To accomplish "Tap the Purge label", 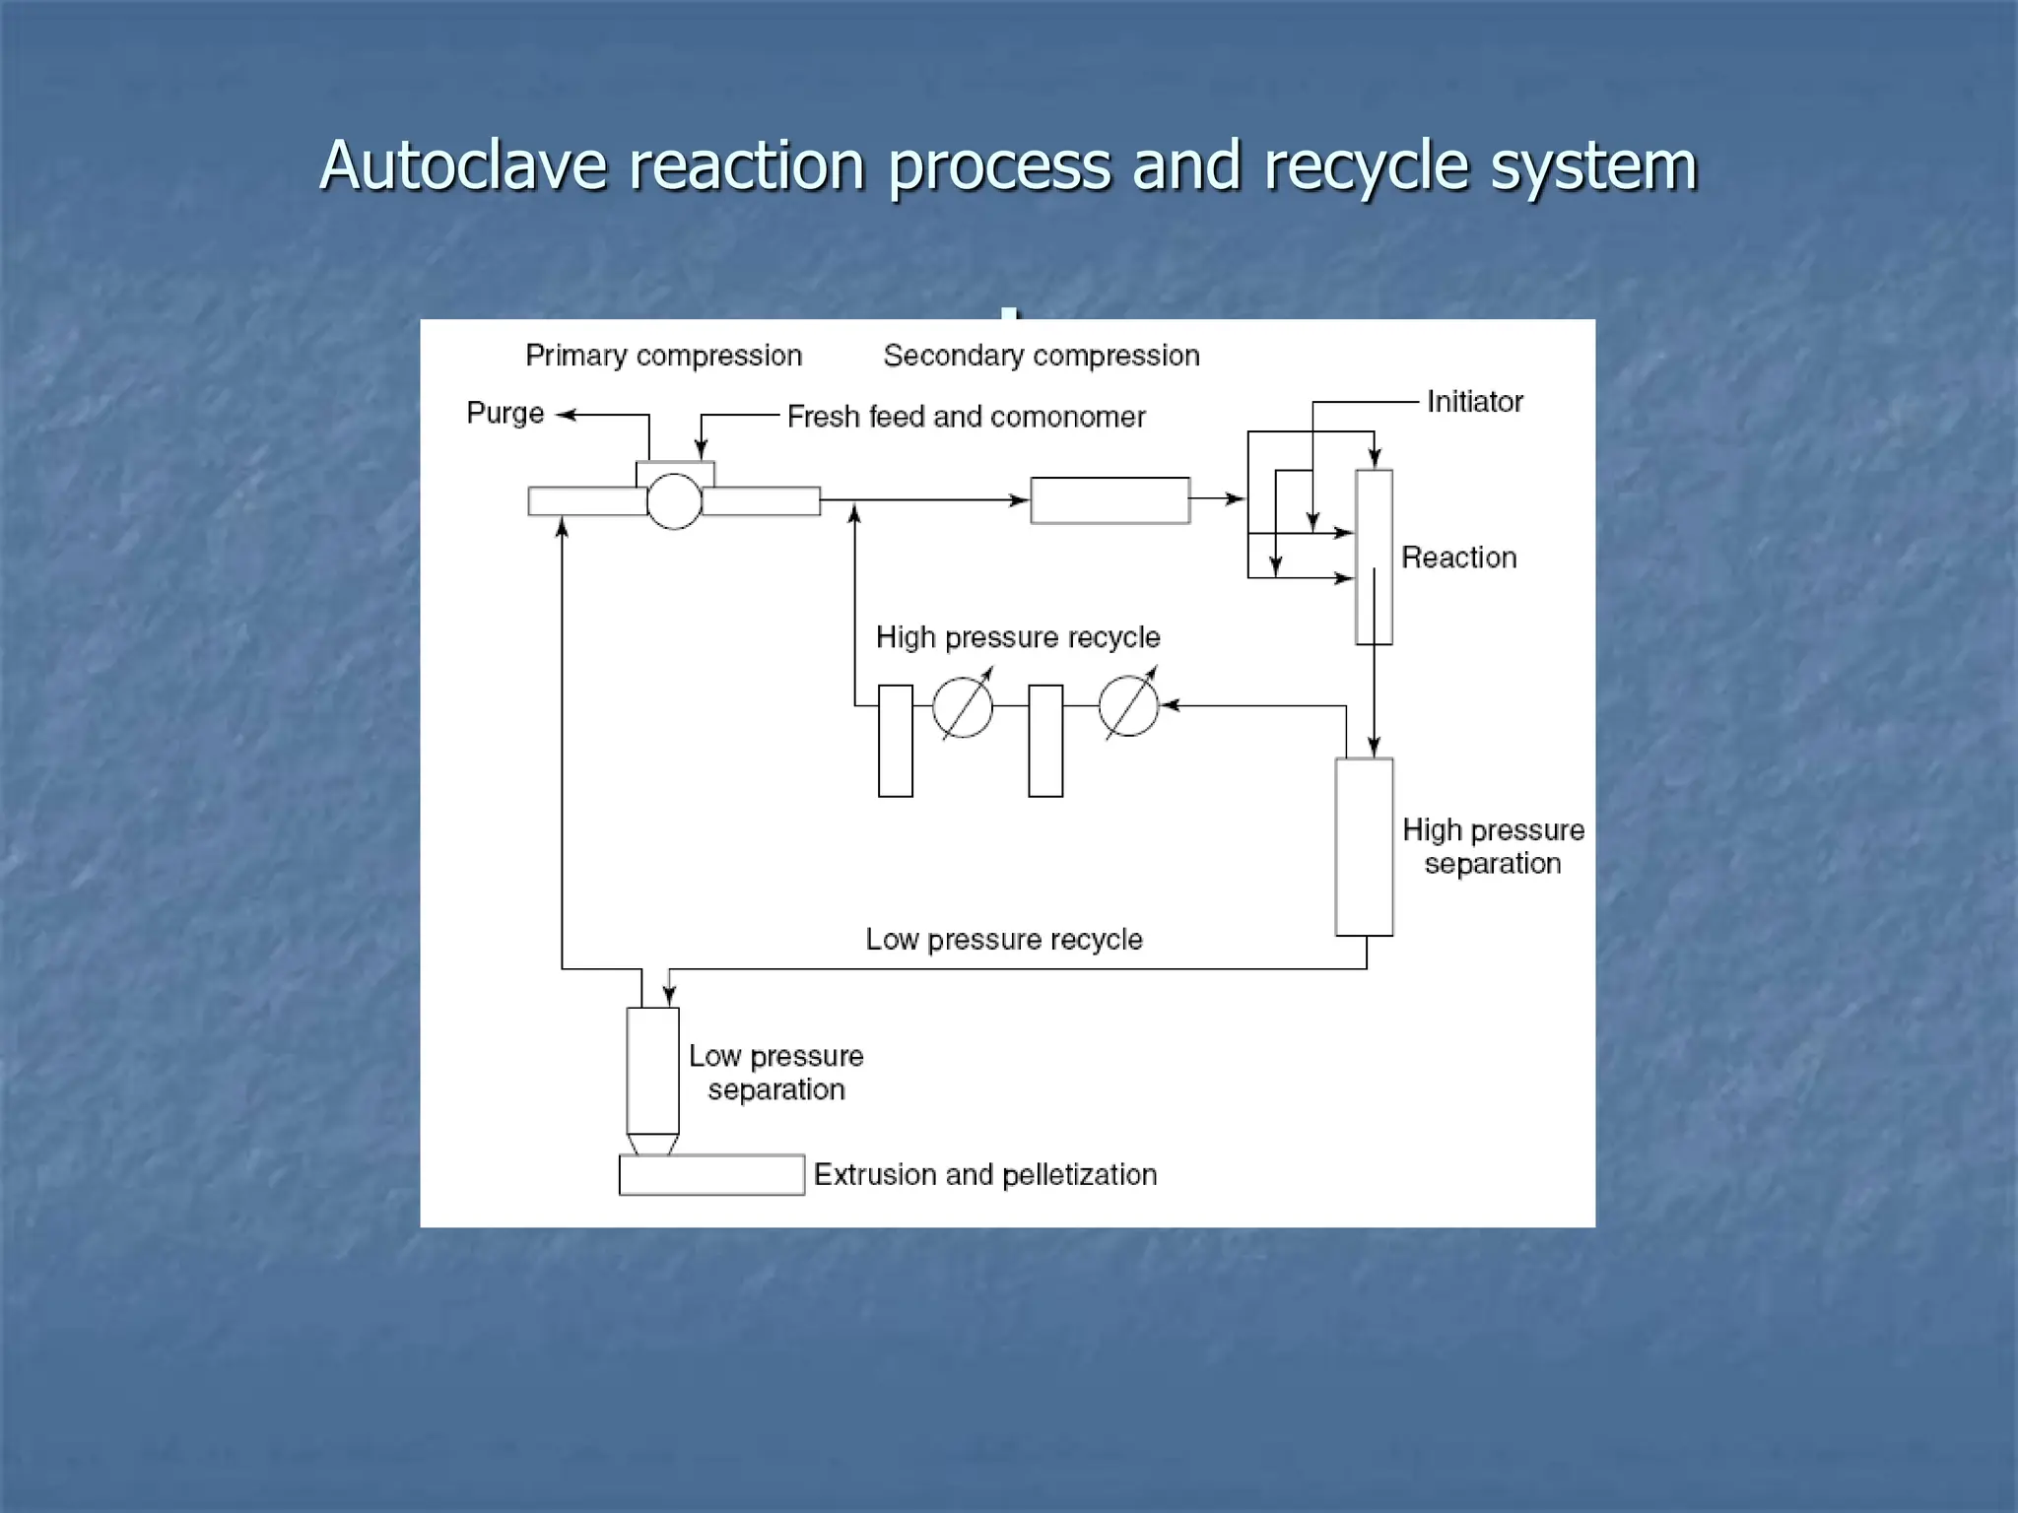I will click(x=504, y=413).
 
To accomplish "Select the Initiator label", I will click(x=1474, y=402).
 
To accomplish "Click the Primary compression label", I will click(x=663, y=356).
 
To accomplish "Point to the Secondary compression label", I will click(x=1041, y=356).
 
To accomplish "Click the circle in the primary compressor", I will click(x=674, y=501).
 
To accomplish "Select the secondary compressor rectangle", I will click(x=1110, y=500).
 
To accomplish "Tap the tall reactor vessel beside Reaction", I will click(x=1374, y=557).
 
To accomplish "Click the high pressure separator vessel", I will click(x=1364, y=847).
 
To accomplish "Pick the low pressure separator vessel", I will click(x=652, y=1071).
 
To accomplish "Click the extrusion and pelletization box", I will click(x=711, y=1175).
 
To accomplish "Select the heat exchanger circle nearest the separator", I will click(x=1128, y=706).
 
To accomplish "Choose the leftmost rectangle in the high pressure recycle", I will click(x=895, y=741).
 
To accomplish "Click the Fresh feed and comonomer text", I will click(x=966, y=417).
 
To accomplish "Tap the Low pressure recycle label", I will click(x=1003, y=940).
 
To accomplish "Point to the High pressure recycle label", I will click(x=1017, y=637).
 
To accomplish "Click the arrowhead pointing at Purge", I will click(x=565, y=416).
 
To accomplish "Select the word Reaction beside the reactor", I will click(x=1458, y=558).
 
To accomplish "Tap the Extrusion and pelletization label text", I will click(x=984, y=1175).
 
